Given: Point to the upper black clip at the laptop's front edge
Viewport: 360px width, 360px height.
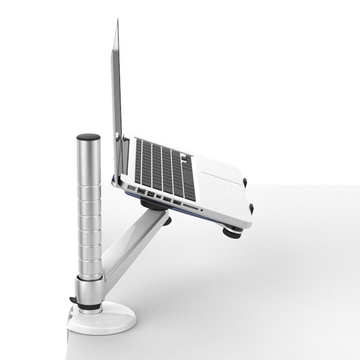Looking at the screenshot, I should tap(246, 181).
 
